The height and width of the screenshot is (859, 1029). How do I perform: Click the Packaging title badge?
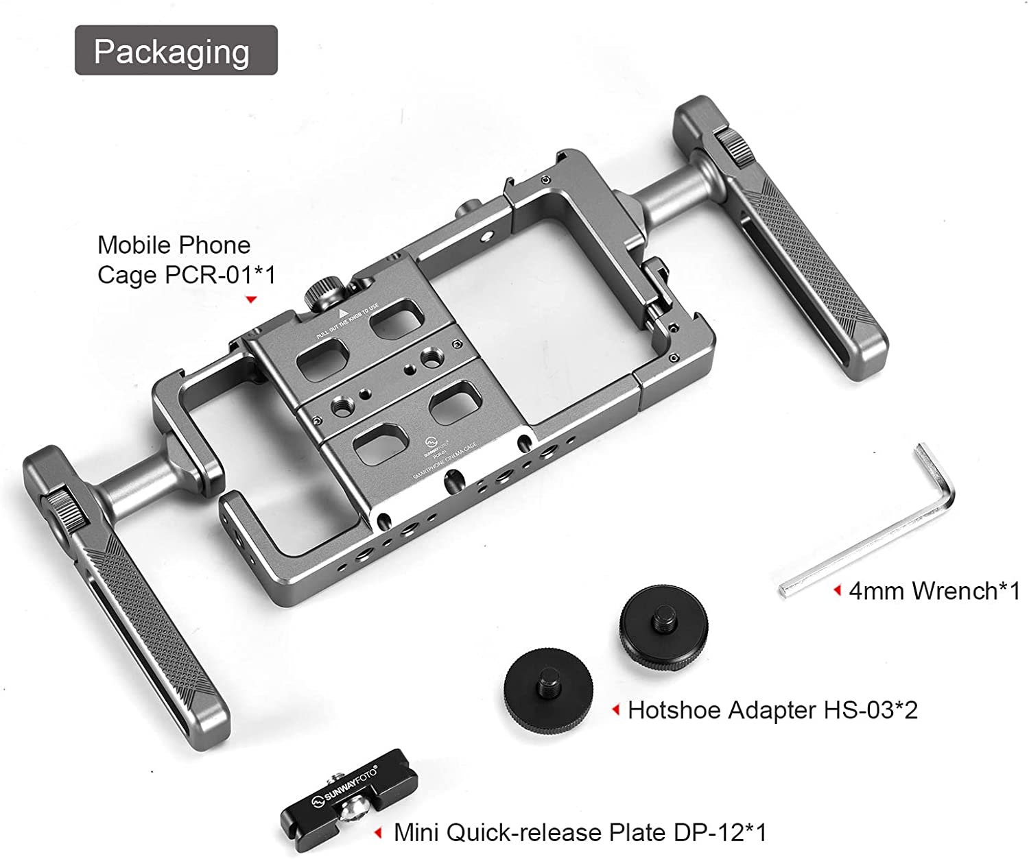[x=176, y=51]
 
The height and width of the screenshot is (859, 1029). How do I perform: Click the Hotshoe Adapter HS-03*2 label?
[x=772, y=710]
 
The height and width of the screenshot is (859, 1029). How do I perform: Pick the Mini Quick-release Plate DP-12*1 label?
[x=580, y=833]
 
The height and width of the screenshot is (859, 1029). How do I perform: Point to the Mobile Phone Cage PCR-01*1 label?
[x=186, y=260]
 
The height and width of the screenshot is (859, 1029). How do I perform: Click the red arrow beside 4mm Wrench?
[x=837, y=591]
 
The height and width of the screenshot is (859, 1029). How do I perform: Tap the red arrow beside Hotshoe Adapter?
[x=616, y=710]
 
